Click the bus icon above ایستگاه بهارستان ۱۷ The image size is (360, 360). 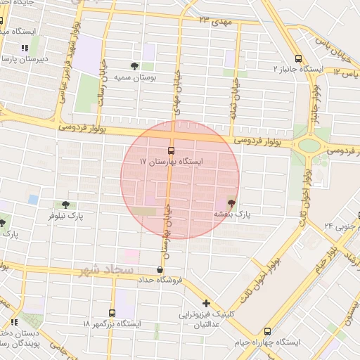point(171,150)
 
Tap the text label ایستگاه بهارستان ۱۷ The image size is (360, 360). point(171,162)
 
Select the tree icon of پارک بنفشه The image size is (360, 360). point(232,202)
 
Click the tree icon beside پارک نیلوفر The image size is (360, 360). point(65,205)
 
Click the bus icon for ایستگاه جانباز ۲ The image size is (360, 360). point(298,59)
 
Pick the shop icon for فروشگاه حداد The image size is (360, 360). point(160,269)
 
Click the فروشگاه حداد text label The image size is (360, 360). point(160,280)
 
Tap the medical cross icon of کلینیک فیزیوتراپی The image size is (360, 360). point(206,304)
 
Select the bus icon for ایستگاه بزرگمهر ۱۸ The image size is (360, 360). point(112,313)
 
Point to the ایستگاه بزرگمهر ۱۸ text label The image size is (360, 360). point(111,323)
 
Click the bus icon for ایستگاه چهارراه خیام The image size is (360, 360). point(267,330)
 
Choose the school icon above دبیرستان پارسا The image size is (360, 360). point(25,49)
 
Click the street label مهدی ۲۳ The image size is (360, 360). point(214,22)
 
